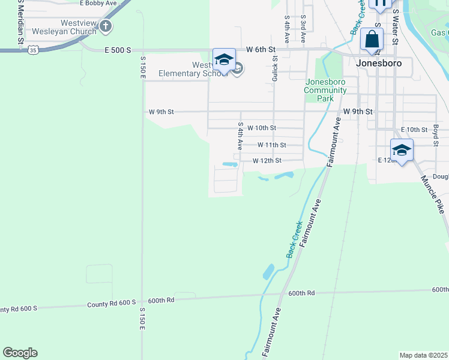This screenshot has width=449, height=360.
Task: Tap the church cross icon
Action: tap(106, 26)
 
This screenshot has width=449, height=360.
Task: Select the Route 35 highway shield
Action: tap(34, 50)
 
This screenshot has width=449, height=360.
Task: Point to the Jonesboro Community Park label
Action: tap(325, 91)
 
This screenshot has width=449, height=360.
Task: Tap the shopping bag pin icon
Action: tap(372, 40)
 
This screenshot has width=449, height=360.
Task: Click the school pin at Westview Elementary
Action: tap(224, 60)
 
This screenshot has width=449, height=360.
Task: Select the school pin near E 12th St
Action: tap(401, 150)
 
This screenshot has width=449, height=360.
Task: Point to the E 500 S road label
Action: tap(118, 50)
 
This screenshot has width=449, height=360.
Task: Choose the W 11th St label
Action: tap(271, 145)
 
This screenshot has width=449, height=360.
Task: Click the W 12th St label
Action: tap(267, 161)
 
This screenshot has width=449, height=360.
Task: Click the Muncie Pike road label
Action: tap(433, 193)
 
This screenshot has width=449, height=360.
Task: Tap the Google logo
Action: tap(20, 353)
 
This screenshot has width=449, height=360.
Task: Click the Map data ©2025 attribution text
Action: tap(423, 355)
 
